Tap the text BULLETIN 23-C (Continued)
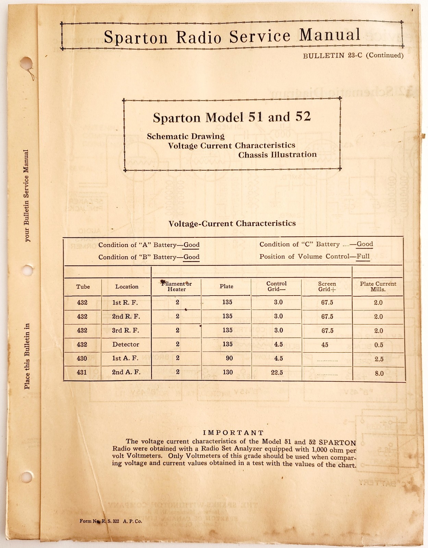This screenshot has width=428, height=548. [x=353, y=55]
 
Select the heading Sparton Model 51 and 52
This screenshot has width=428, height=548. [x=232, y=117]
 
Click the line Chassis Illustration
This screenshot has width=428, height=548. [x=277, y=155]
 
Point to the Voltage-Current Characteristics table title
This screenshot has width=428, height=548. [x=232, y=224]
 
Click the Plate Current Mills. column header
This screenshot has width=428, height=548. [x=378, y=286]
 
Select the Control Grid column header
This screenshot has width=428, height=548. [x=276, y=286]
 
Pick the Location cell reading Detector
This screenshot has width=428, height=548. [x=126, y=345]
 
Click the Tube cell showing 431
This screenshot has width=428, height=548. [x=82, y=372]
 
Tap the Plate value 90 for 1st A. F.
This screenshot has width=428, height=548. [x=229, y=358]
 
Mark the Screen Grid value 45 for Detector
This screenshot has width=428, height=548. [x=325, y=345]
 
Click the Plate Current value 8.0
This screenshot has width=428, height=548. [x=379, y=373]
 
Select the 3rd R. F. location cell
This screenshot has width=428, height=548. [x=126, y=331]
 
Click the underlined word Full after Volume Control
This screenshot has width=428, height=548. [x=363, y=257]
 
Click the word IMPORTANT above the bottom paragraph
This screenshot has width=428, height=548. [x=233, y=433]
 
